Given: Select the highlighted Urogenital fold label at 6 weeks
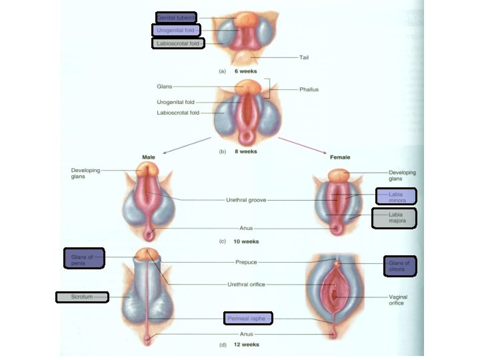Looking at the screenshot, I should coord(177,30).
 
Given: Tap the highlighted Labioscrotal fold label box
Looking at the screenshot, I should coord(177,43).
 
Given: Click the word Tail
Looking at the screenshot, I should coord(303,57).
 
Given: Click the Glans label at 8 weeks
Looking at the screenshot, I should coord(164,86).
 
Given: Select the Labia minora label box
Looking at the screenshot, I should coord(396,196).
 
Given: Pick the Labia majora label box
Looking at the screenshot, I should coord(395,218).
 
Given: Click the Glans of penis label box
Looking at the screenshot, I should coord(84,258).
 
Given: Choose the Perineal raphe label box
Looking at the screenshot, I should coord(248,319).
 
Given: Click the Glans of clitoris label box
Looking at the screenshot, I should coord(400,265).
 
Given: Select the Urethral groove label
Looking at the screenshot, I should coord(246,199).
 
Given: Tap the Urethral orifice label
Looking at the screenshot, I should coord(246,284).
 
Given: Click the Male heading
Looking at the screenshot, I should coord(149,157).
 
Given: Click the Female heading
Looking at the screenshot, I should coord(340,157).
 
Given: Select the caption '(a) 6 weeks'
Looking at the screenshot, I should coord(238,71).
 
